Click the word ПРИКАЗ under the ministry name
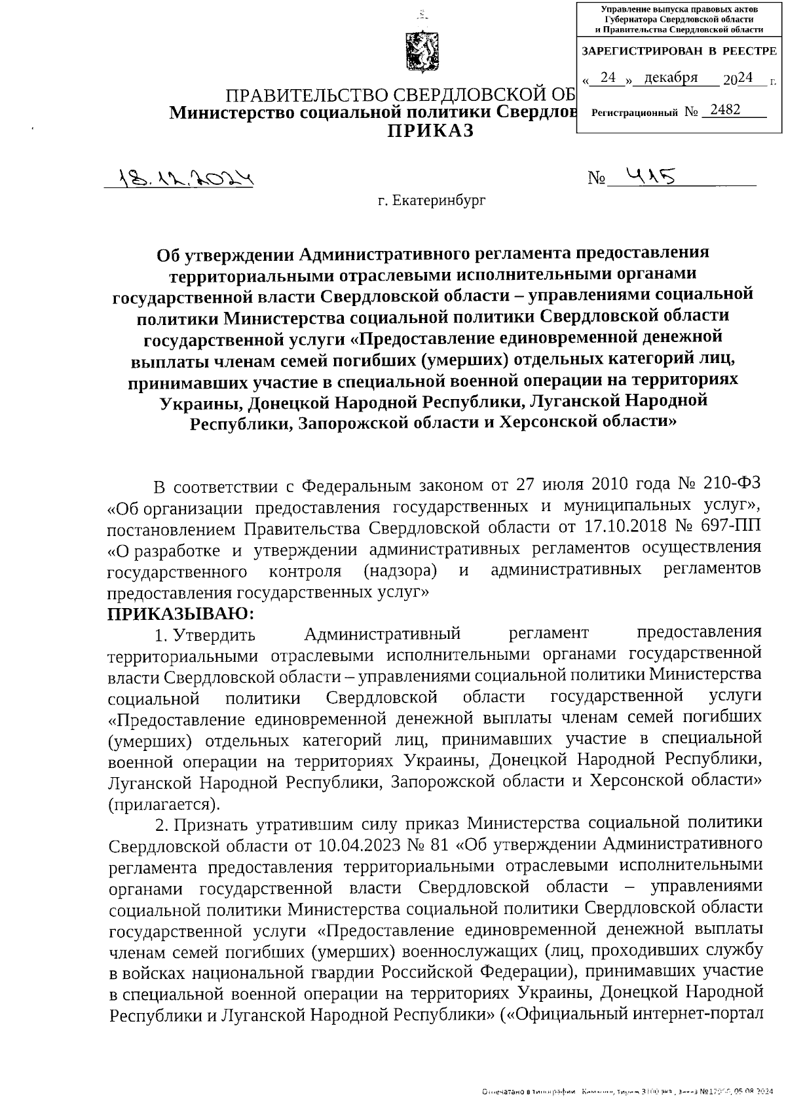point(430,130)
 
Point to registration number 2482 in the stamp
point(724,109)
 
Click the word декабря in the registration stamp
point(671,78)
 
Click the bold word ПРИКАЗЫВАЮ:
point(180,613)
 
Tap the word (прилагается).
point(164,803)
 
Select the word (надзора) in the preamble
point(400,570)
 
